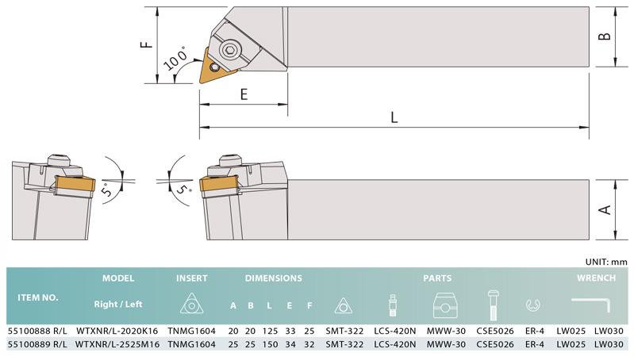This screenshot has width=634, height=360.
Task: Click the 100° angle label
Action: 176,59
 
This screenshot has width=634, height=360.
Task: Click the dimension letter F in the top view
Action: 146,44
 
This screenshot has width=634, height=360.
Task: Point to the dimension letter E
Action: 244,94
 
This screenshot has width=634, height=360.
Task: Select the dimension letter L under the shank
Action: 394,117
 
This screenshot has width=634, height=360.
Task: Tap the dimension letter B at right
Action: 605,36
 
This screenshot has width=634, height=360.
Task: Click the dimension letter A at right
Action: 605,209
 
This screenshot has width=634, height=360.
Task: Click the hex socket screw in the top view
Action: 229,51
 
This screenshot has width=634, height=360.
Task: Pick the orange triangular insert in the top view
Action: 217,67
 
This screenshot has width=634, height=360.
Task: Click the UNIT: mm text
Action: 606,262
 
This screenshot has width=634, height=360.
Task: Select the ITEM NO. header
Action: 37,297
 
